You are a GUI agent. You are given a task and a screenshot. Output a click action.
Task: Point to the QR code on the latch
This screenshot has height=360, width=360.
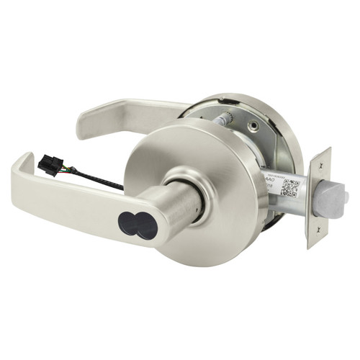click(x=289, y=187)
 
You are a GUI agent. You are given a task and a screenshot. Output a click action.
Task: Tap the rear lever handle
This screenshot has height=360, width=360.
click(x=122, y=115)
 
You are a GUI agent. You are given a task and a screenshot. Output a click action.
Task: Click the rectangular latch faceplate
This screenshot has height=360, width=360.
click(x=318, y=198)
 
